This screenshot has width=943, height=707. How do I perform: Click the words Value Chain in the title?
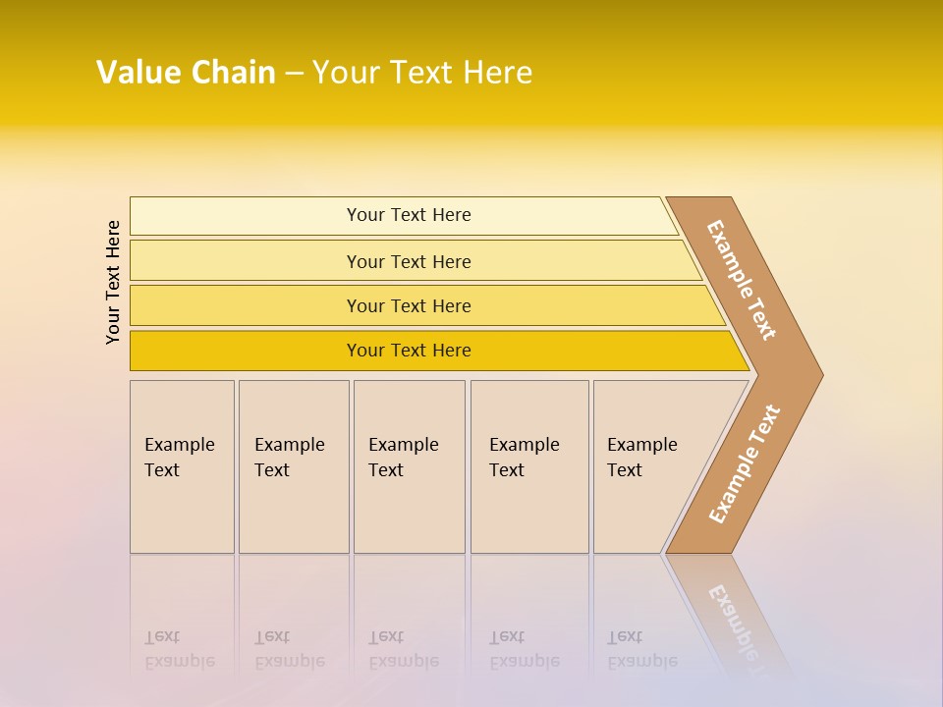pos(186,73)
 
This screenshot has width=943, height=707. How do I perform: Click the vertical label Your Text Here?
pos(113,282)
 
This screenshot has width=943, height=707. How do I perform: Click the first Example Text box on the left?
pos(182,466)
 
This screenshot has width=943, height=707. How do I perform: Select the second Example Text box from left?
pos(294,466)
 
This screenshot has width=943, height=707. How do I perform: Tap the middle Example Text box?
pos(409,466)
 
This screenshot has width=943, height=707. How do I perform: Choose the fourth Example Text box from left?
pos(529,466)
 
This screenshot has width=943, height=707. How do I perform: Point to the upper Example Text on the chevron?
pos(741,280)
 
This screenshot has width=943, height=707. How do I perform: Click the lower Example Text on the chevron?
pos(744,464)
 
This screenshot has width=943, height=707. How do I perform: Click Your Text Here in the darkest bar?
pos(409,351)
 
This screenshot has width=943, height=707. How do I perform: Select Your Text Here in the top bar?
pos(409,215)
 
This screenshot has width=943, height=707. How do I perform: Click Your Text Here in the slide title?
pos(422,73)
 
